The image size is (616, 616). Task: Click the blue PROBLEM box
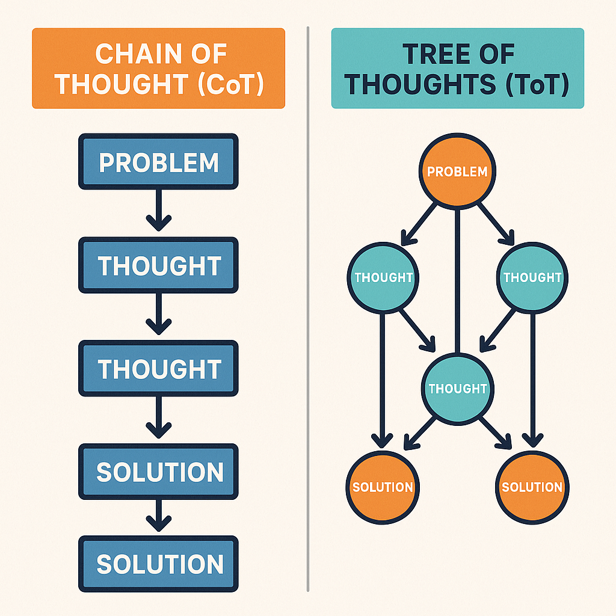(159, 162)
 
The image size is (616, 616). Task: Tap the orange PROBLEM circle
(457, 171)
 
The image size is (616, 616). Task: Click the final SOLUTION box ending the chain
(159, 564)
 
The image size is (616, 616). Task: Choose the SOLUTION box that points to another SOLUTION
(159, 472)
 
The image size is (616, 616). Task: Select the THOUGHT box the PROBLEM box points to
(159, 266)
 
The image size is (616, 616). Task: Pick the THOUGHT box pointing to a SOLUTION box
(159, 369)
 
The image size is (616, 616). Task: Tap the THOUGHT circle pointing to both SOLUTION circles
(457, 388)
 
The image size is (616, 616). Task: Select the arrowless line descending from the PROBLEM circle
(458, 277)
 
